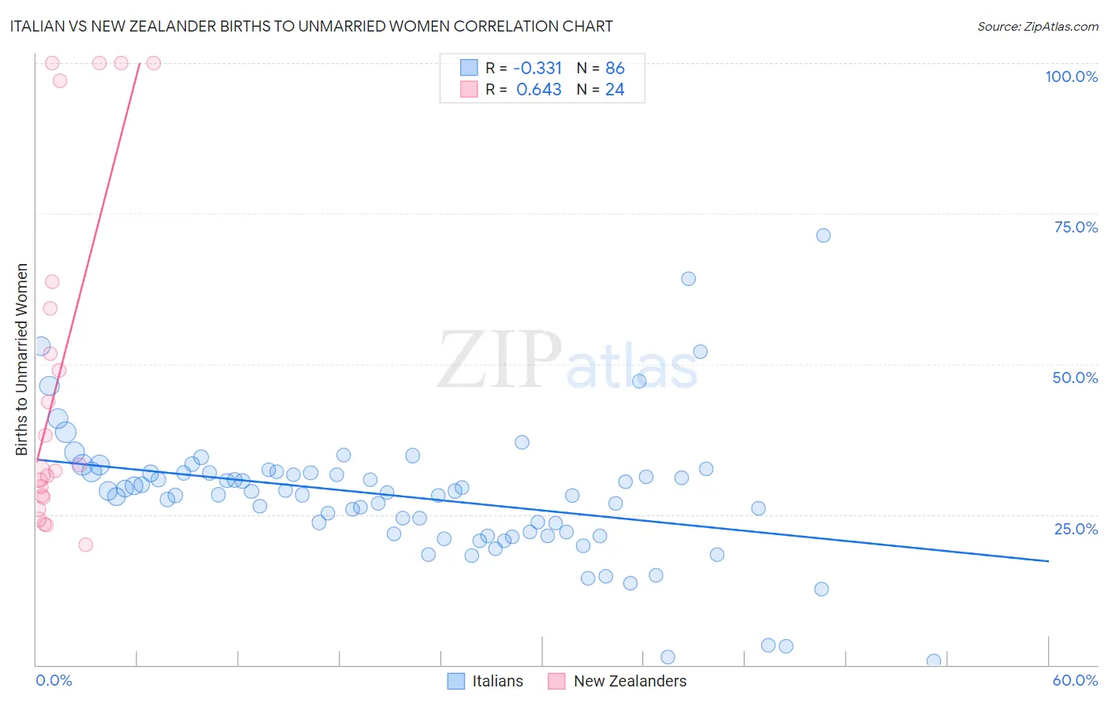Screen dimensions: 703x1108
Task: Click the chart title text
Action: click(x=310, y=26)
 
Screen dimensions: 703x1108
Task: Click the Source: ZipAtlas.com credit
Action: click(x=1037, y=26)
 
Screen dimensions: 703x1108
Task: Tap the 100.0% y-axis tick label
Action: click(x=1071, y=76)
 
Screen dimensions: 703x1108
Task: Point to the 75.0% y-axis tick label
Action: click(x=1076, y=227)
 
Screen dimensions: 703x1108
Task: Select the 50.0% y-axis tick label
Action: click(x=1075, y=378)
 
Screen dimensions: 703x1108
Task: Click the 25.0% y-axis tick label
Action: click(x=1076, y=528)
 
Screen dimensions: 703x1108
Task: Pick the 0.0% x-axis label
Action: click(x=54, y=680)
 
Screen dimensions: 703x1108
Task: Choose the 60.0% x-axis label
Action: click(x=1075, y=680)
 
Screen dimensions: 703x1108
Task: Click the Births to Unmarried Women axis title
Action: click(x=21, y=359)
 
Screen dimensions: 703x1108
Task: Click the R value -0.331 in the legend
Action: click(x=538, y=68)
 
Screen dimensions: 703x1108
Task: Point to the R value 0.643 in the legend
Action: click(x=538, y=90)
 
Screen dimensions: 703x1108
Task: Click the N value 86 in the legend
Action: click(x=615, y=68)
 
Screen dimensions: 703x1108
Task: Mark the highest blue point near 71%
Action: click(x=823, y=236)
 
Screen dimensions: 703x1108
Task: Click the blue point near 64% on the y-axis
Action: click(x=688, y=279)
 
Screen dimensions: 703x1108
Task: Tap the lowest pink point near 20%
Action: click(x=86, y=545)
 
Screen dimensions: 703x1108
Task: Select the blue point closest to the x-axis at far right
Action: click(x=934, y=660)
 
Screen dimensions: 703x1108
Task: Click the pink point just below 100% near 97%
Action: click(x=60, y=80)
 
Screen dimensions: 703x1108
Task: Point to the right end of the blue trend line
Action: click(x=1048, y=560)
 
